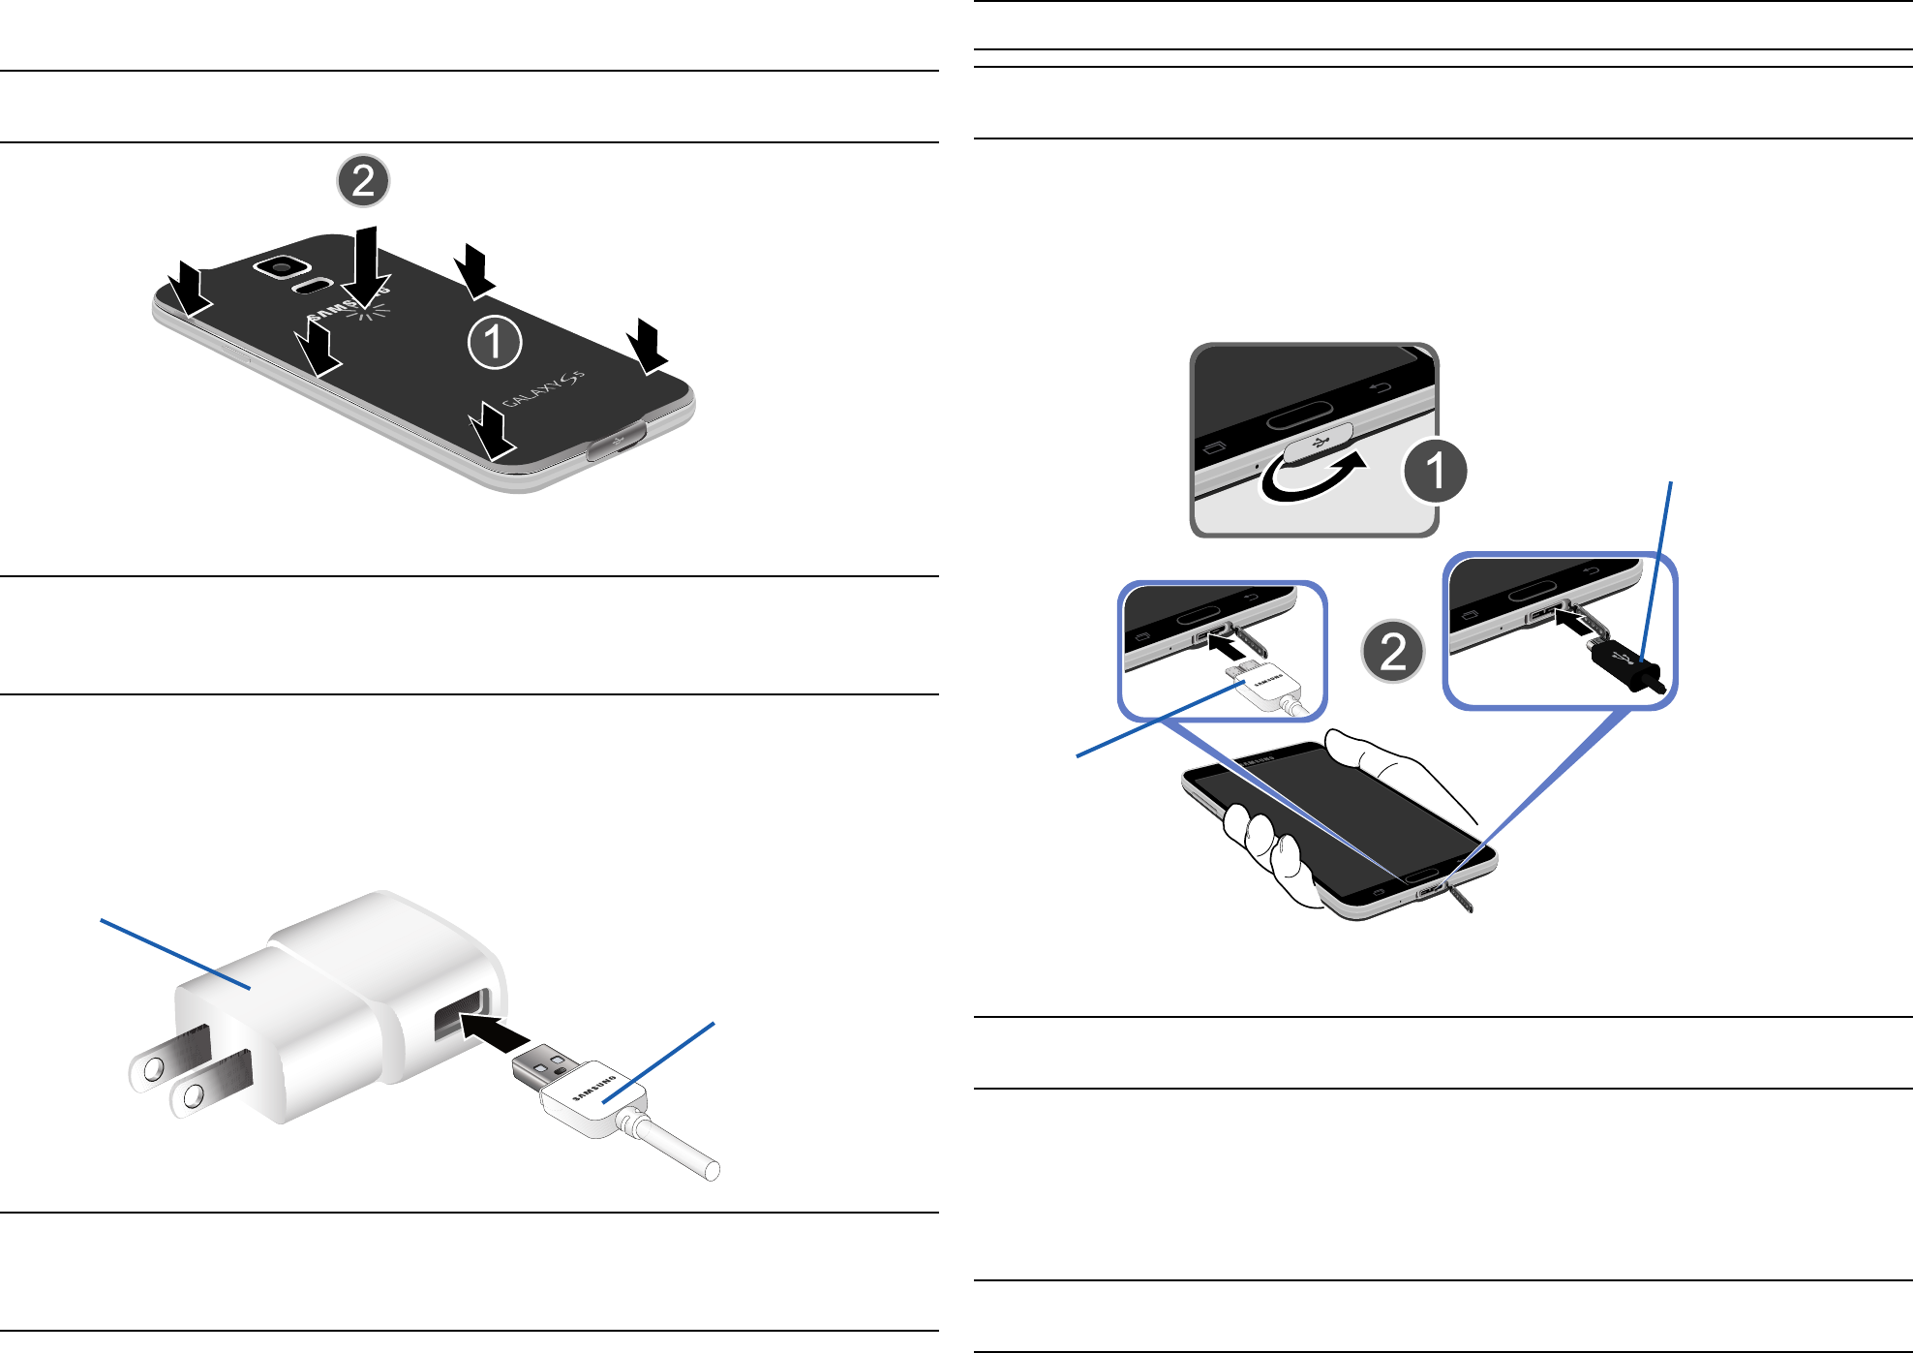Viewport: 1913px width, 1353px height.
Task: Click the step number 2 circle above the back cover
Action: coord(363,181)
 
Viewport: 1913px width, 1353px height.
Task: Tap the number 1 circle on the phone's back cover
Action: coord(495,342)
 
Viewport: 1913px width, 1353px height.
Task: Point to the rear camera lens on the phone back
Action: coord(282,266)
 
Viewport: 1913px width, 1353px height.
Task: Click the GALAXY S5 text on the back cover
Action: coord(543,389)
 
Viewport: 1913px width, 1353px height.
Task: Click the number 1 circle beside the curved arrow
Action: coord(1435,471)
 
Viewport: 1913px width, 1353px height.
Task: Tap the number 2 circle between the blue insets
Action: coord(1392,651)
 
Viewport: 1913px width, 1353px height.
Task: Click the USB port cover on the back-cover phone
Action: coord(618,443)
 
